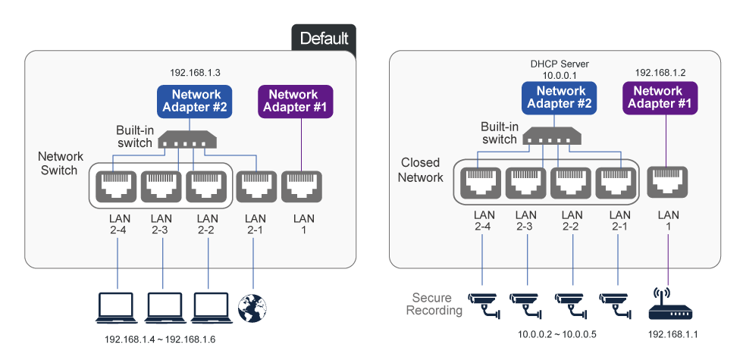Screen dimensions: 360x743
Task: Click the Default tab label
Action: (x=324, y=38)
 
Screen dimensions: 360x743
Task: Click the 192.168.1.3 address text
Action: (x=195, y=73)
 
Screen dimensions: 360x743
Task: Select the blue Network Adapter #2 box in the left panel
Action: (x=195, y=101)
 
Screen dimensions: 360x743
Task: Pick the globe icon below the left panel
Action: (x=252, y=307)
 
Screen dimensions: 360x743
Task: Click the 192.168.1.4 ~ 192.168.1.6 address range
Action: (x=160, y=339)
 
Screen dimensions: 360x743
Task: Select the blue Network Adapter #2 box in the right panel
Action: (x=559, y=97)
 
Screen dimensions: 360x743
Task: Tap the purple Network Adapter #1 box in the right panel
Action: (x=657, y=97)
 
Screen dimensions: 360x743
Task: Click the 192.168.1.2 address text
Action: (x=660, y=72)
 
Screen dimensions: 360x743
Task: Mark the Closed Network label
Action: (x=421, y=171)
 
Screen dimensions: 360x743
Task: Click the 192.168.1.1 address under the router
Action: (x=669, y=334)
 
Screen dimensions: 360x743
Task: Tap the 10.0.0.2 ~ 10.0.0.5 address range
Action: (x=556, y=334)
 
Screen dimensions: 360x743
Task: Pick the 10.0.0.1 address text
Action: (x=560, y=76)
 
